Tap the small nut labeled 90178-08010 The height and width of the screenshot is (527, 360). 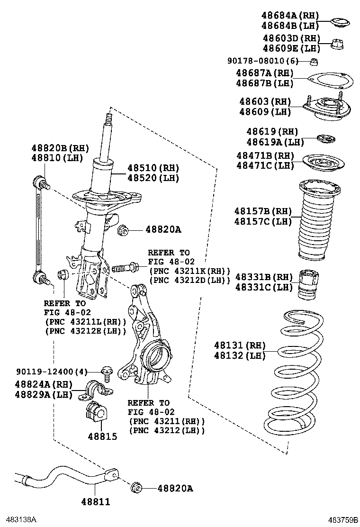[313, 61]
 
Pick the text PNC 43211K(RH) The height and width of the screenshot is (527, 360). [189, 271]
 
